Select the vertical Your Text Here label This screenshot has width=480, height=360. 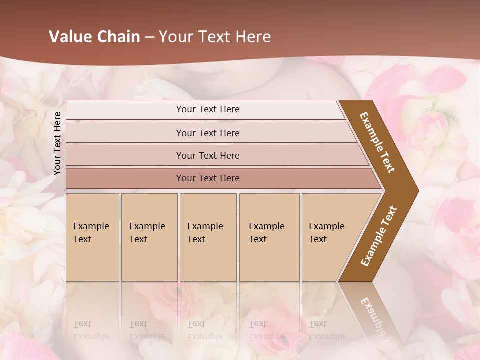(57, 143)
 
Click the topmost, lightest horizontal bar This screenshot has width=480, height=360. (207, 109)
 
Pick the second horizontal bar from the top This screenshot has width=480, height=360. (207, 133)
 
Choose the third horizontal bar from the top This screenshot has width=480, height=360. (207, 156)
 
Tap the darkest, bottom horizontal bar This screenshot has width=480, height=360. (207, 178)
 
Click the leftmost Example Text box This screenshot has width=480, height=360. (92, 237)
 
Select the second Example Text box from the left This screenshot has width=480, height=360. (149, 237)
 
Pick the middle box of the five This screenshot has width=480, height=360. (208, 237)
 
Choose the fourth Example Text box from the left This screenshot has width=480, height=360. (269, 237)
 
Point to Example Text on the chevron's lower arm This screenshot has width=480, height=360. (378, 236)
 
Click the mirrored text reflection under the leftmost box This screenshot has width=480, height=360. (91, 330)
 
